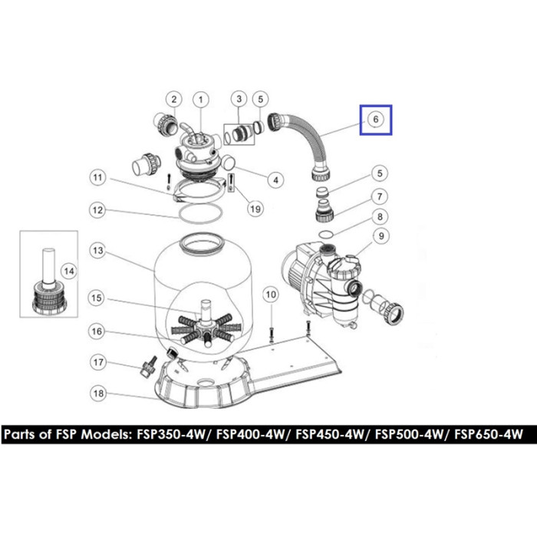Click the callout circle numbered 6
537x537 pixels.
coord(376,119)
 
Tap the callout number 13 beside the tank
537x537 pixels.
coord(98,251)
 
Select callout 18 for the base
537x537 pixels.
coord(99,394)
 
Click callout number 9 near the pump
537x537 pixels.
coord(381,236)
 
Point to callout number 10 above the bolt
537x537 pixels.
coord(271,295)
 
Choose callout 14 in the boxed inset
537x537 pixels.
coord(69,272)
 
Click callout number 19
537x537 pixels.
coord(255,209)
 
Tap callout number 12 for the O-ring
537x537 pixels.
coord(97,210)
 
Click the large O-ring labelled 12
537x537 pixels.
coord(179,213)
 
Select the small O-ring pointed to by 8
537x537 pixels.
coord(319,234)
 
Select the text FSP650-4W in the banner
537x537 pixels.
coord(489,435)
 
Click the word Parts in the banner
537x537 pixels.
coord(19,435)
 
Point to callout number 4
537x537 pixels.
coord(275,180)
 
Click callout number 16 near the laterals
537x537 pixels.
coord(97,331)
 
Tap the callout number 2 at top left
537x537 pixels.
coord(174,99)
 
